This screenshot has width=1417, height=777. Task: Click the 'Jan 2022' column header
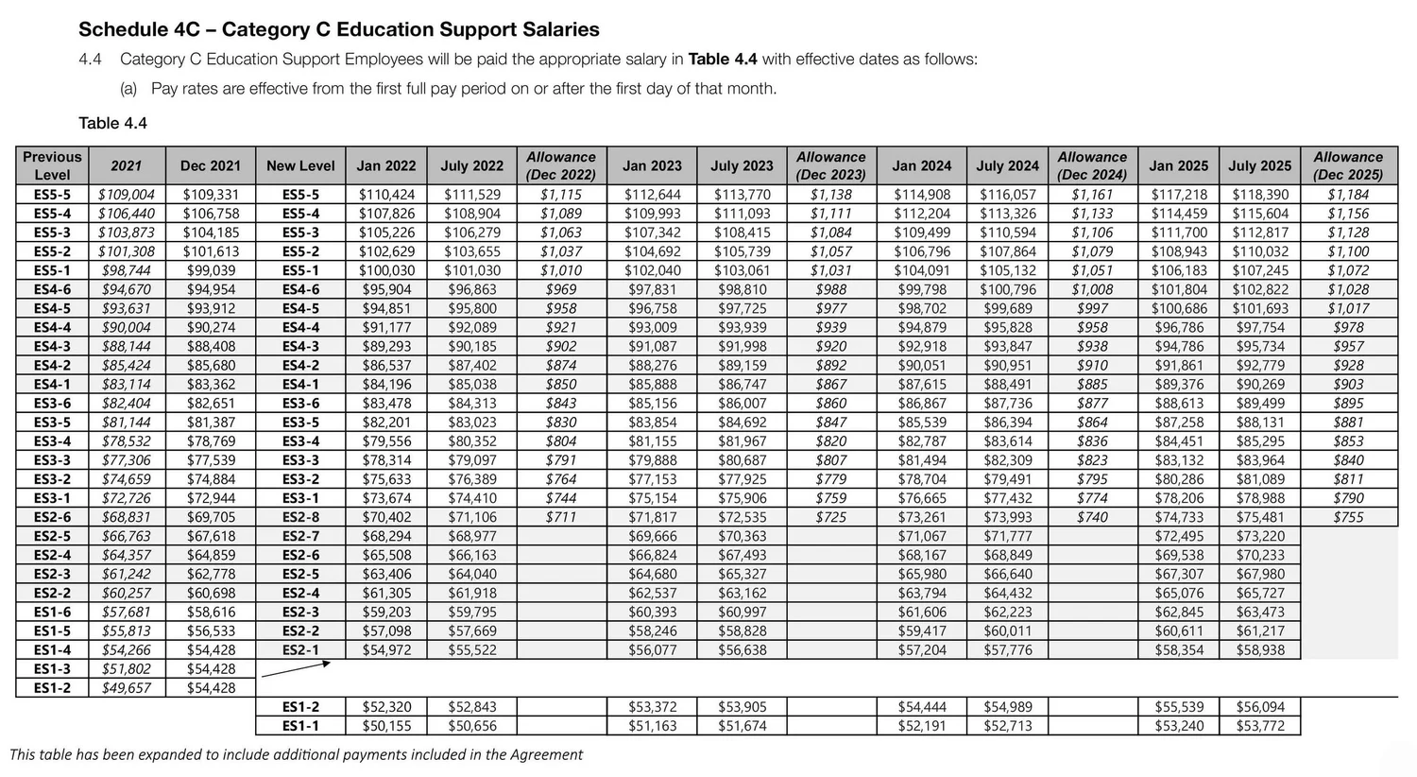pos(386,165)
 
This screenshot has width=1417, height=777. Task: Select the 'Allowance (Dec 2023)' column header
pos(830,165)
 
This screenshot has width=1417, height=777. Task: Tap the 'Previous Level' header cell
pos(52,165)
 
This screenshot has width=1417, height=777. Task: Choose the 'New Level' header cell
pos(300,165)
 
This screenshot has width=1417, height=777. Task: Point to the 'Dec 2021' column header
pos(210,165)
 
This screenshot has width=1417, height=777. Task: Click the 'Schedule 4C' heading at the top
pos(338,30)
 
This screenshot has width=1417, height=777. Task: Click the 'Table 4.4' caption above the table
pos(112,123)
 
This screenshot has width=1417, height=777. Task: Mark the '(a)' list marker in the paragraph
pos(128,89)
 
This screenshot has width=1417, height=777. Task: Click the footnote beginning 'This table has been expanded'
pos(296,754)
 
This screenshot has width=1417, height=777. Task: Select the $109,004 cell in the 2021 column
pos(127,195)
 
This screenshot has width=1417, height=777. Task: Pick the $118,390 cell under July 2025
pos(1259,195)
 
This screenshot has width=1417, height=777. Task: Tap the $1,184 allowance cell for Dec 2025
pos(1347,195)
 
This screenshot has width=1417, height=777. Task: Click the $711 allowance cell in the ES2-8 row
pos(560,517)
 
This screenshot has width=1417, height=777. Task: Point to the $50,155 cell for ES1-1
pos(386,726)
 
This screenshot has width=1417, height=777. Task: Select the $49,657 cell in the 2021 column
pos(127,688)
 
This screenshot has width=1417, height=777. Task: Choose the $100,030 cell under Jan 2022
pos(386,270)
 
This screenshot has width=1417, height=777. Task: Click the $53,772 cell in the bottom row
pos(1259,726)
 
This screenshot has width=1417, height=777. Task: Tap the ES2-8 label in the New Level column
pos(300,517)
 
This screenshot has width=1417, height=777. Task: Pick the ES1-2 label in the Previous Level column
pos(52,688)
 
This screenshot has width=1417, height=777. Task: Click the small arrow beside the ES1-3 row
pos(296,669)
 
